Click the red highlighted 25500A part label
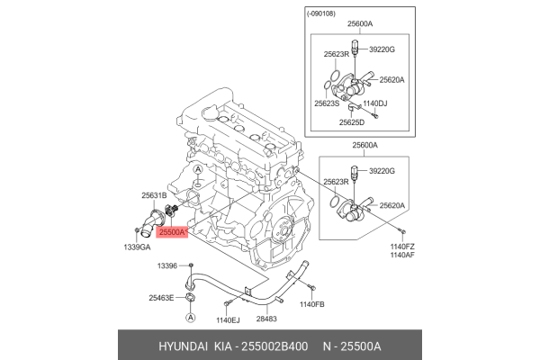pos(171,231)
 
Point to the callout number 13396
pos(168,266)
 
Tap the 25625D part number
pos(353,121)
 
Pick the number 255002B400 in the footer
pos(275,345)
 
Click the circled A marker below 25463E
pos(191,319)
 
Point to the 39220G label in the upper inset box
pos(382,50)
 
